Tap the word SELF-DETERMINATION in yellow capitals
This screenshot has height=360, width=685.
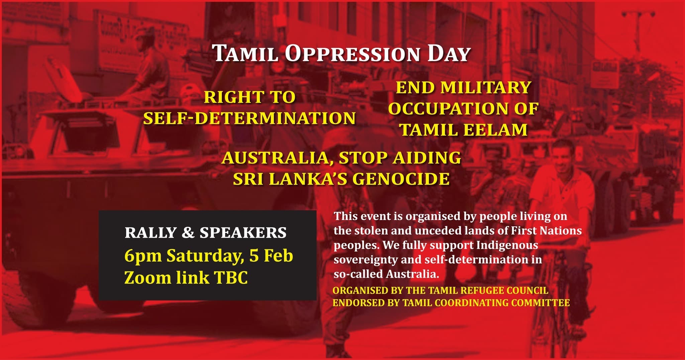pyautogui.click(x=250, y=118)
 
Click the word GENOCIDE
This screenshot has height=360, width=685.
pyautogui.click(x=401, y=179)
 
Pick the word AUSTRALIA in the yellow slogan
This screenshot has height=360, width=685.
pyautogui.click(x=277, y=158)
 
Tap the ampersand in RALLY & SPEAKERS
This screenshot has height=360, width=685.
pyautogui.click(x=188, y=233)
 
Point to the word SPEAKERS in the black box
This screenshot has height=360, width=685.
pyautogui.click(x=243, y=233)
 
